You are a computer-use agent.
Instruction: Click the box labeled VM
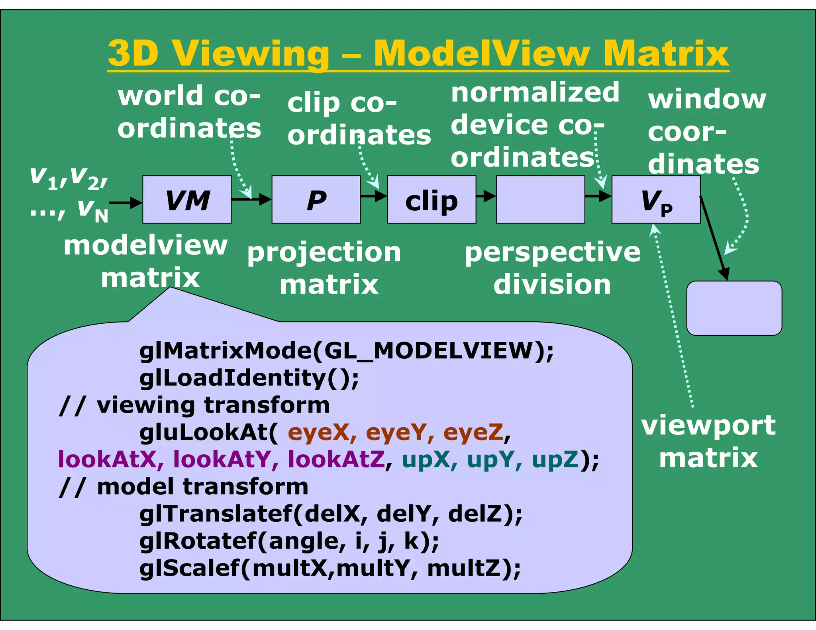[x=187, y=200]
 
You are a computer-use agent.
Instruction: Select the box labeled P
[x=316, y=200]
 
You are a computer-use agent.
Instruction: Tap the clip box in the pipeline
[x=432, y=200]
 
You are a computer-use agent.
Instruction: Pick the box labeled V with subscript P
[x=656, y=200]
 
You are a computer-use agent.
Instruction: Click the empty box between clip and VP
[x=540, y=200]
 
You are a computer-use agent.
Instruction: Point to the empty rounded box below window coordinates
[x=734, y=308]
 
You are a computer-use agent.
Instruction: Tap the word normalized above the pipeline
[x=535, y=93]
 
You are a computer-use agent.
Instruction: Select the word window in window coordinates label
[x=707, y=99]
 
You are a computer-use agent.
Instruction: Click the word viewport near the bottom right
[x=708, y=425]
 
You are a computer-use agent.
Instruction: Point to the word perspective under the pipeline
[x=553, y=252]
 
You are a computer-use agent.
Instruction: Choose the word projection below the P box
[x=324, y=252]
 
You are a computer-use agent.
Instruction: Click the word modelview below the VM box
[x=145, y=245]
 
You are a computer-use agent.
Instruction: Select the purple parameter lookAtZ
[x=336, y=459]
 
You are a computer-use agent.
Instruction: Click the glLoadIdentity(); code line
[x=249, y=378]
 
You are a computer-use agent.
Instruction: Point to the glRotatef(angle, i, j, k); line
[x=289, y=541]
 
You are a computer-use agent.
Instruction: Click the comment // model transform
[x=183, y=487]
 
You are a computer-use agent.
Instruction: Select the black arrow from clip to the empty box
[x=486, y=196]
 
